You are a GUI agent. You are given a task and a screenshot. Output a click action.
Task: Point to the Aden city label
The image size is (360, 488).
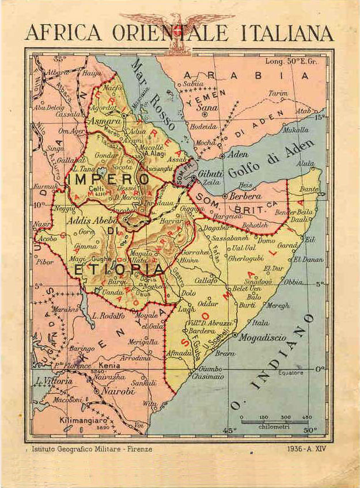pyautogui.click(x=238, y=155)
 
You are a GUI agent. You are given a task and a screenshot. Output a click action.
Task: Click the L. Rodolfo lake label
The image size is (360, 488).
pyautogui.click(x=108, y=315)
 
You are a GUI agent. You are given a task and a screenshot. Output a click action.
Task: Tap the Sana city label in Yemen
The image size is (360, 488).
pyautogui.click(x=208, y=107)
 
